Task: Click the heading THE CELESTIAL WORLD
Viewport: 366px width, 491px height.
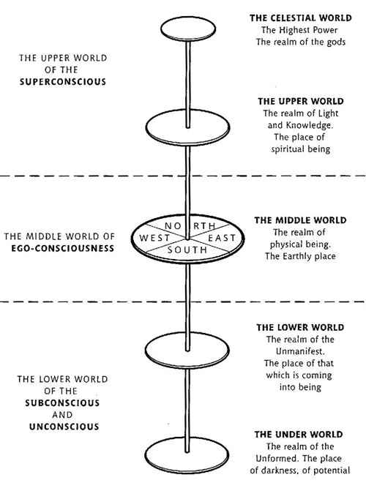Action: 301,18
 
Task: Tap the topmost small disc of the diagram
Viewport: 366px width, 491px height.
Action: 188,29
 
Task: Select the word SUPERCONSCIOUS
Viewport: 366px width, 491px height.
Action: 63,82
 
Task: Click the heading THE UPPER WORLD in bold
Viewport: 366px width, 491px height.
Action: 301,101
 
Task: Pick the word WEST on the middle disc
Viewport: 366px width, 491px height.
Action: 154,238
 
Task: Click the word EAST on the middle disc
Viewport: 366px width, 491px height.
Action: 222,238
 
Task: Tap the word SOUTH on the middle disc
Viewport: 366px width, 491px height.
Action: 187,250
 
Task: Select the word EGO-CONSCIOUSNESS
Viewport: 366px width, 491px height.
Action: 63,248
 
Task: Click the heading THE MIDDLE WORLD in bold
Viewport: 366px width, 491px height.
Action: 301,220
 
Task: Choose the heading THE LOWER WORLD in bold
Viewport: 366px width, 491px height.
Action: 300,327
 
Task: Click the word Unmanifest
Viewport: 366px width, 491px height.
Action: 299,351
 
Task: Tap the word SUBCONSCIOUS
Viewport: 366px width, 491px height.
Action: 62,402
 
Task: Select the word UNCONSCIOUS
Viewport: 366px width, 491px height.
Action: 64,427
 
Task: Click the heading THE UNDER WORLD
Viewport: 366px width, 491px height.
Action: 299,435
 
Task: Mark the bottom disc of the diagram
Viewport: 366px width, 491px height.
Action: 187,456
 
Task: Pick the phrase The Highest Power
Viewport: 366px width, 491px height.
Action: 299,30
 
